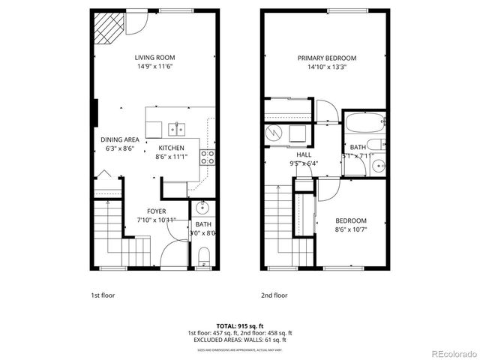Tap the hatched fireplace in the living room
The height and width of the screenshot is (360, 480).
pyautogui.click(x=107, y=28)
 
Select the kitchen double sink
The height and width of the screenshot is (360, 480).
pyautogui.click(x=180, y=127)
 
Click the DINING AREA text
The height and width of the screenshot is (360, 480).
pyautogui.click(x=119, y=139)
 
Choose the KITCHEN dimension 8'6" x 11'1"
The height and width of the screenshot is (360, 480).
pyautogui.click(x=172, y=157)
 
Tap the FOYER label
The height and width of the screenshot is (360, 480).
pyautogui.click(x=156, y=211)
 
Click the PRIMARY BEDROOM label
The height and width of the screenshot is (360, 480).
pyautogui.click(x=326, y=58)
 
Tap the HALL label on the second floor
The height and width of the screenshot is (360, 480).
pyautogui.click(x=304, y=154)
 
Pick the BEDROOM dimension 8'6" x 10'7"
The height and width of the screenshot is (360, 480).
pyautogui.click(x=351, y=229)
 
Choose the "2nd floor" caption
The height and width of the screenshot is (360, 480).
pyautogui.click(x=274, y=295)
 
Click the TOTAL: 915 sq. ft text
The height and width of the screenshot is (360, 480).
pyautogui.click(x=239, y=324)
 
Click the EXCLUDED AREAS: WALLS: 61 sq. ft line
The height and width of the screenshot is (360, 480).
pyautogui.click(x=239, y=340)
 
